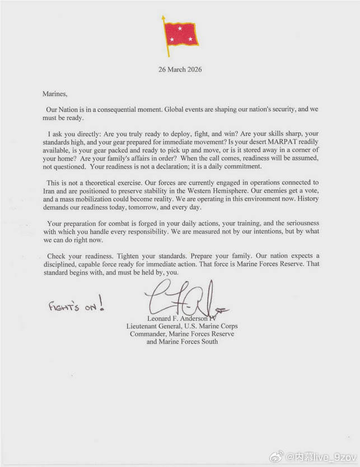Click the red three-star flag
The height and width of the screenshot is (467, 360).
click(180, 33)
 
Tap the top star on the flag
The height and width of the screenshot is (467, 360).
click(180, 28)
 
